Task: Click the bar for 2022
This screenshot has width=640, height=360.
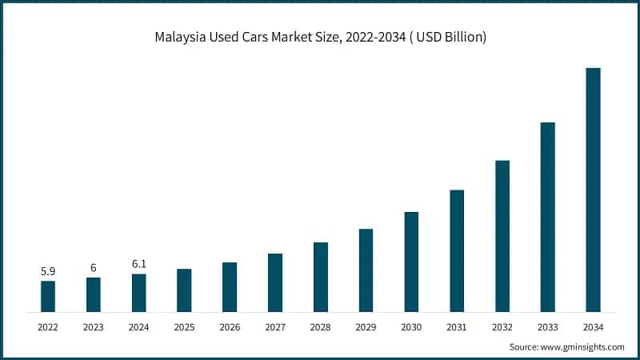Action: coord(48,296)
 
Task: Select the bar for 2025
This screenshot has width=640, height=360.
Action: coord(184,290)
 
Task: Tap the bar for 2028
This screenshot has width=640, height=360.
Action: coord(321,277)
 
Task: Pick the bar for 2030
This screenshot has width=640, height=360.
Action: coord(411,262)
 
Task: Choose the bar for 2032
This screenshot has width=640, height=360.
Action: coord(502,236)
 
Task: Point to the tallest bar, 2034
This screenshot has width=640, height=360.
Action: coord(593,190)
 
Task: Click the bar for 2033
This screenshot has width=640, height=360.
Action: coord(547,217)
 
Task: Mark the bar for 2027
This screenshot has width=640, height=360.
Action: coord(275,282)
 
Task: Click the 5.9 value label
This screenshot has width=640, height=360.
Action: coord(48,272)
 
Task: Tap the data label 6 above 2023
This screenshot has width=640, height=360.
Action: coord(94,269)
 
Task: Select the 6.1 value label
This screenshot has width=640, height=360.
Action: coord(138,264)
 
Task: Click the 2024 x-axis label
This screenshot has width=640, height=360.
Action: coord(138,327)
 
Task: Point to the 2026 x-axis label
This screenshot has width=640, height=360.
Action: coord(230,327)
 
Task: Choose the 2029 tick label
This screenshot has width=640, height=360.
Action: coord(366,327)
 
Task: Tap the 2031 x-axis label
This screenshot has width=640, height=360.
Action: coord(457,327)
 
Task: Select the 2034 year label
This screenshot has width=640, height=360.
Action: coord(593,327)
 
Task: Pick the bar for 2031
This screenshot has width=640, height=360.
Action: coord(457,250)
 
